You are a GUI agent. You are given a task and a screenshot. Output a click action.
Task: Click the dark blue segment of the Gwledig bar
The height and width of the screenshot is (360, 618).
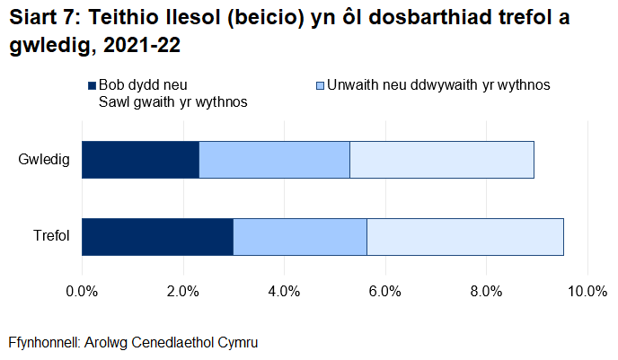click(x=140, y=160)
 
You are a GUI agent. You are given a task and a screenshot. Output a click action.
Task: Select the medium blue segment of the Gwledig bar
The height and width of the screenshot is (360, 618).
click(x=274, y=160)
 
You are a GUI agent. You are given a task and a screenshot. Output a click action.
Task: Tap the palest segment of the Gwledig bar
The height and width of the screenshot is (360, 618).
click(x=441, y=160)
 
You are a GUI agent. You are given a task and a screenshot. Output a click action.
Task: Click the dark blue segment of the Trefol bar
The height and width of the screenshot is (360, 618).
click(x=157, y=237)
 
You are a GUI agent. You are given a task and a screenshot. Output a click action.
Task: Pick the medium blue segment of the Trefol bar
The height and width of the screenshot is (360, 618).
click(x=300, y=237)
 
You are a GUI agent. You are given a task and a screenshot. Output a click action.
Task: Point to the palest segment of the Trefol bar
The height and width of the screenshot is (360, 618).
click(x=464, y=237)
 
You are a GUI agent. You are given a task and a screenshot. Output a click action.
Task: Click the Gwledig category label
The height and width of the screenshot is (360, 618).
click(x=44, y=161)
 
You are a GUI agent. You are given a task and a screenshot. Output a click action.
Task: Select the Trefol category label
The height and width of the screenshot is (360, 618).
click(x=50, y=238)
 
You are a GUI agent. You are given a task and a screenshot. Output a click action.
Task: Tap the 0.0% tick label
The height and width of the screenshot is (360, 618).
click(x=83, y=290)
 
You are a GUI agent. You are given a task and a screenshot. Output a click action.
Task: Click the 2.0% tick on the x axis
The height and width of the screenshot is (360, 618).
click(x=183, y=290)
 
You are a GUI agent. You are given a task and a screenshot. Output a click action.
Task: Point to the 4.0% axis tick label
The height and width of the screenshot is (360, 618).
click(x=284, y=290)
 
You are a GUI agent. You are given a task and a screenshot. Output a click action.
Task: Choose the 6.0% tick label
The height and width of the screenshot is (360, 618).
click(x=385, y=290)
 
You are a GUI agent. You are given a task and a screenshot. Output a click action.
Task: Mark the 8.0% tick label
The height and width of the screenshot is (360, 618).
click(x=486, y=290)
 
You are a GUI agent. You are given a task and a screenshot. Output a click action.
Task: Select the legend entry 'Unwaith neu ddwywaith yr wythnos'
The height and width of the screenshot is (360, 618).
click(x=437, y=85)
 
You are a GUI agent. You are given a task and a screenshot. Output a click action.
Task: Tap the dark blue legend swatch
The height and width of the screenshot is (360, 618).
click(x=91, y=86)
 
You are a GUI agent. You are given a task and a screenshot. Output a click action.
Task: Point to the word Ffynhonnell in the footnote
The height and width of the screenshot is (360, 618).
click(x=42, y=343)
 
